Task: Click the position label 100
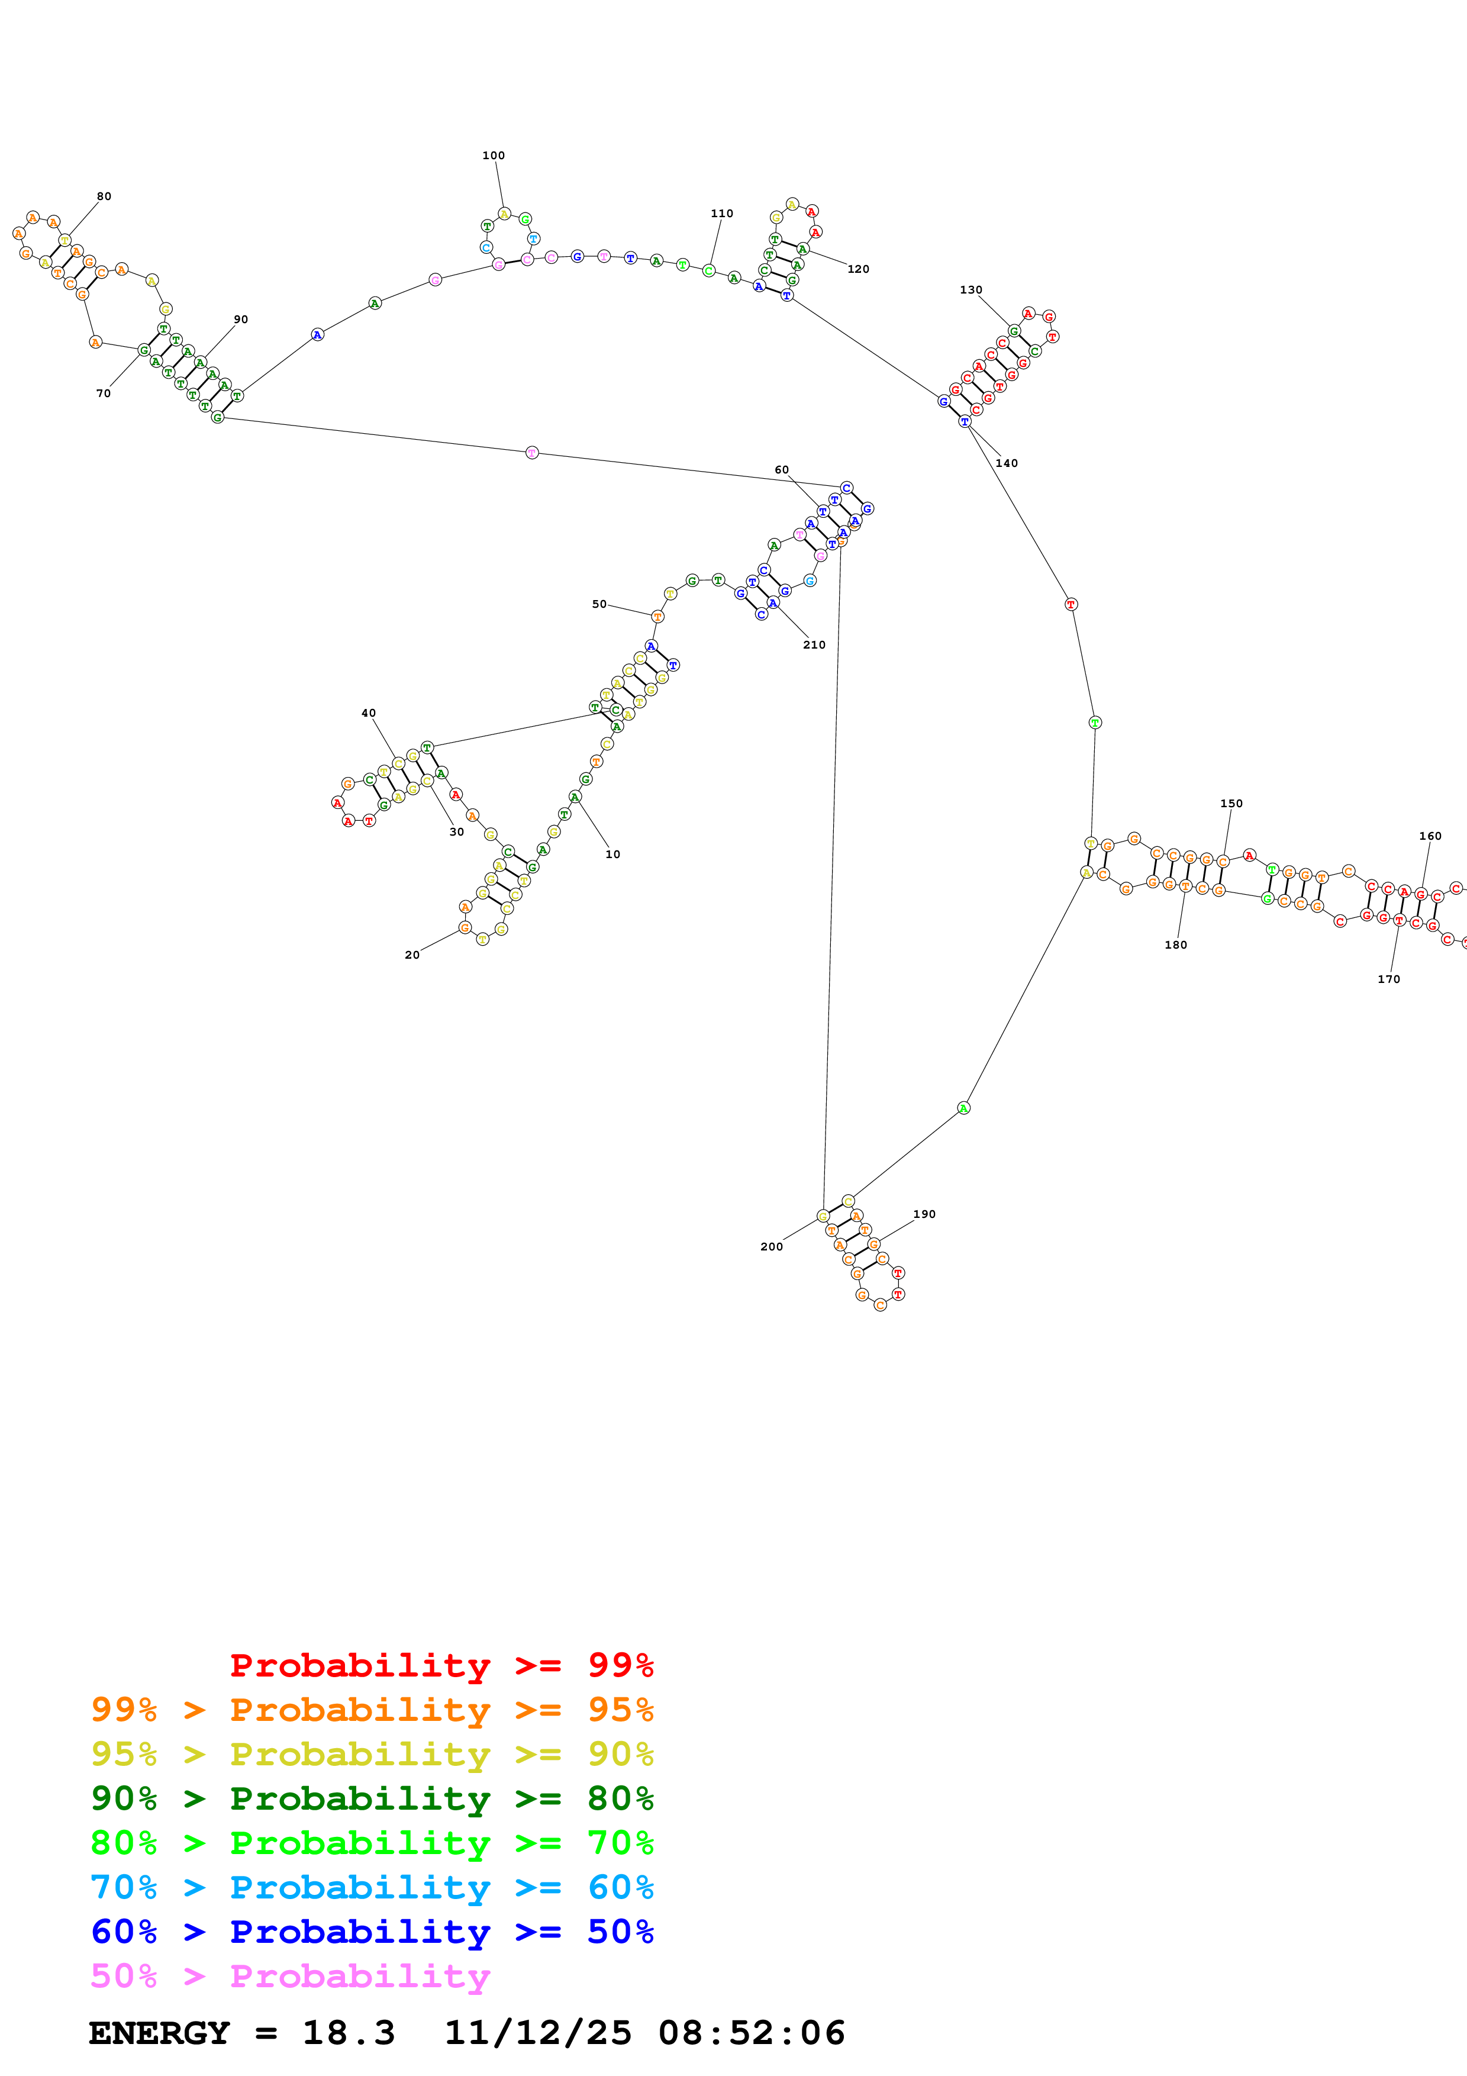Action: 494,156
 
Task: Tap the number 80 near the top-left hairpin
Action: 104,196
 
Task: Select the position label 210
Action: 814,644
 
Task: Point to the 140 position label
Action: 1006,463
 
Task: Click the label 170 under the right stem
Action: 1388,979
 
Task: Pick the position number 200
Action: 771,1247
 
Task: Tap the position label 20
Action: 412,955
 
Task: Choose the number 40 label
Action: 369,713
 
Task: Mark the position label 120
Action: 858,269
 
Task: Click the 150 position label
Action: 1231,803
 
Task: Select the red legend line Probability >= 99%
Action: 441,1665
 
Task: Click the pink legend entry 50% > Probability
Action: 289,1977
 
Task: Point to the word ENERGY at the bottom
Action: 159,2033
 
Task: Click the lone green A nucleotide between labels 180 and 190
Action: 963,1108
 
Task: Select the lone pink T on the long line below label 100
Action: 531,452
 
